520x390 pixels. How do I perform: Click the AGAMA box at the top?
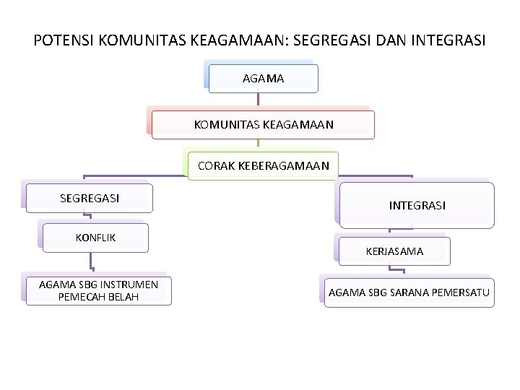[x=263, y=78]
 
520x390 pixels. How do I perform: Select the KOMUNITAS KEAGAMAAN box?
[x=264, y=124]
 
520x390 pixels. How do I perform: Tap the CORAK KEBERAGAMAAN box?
[x=263, y=165]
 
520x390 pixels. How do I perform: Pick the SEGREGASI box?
[x=90, y=198]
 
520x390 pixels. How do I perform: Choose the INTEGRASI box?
[x=417, y=205]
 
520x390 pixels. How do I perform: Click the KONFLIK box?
[x=95, y=238]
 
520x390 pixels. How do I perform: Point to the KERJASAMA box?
[x=394, y=251]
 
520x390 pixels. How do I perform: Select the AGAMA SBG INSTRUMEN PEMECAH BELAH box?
[x=98, y=290]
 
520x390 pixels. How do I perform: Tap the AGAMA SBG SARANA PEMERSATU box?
[x=409, y=292]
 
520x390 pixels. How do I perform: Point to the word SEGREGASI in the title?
[x=327, y=40]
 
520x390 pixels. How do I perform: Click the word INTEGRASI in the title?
[x=448, y=40]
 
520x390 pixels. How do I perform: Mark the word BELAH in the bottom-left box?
[x=123, y=297]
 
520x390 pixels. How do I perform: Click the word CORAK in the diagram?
[x=215, y=165]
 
